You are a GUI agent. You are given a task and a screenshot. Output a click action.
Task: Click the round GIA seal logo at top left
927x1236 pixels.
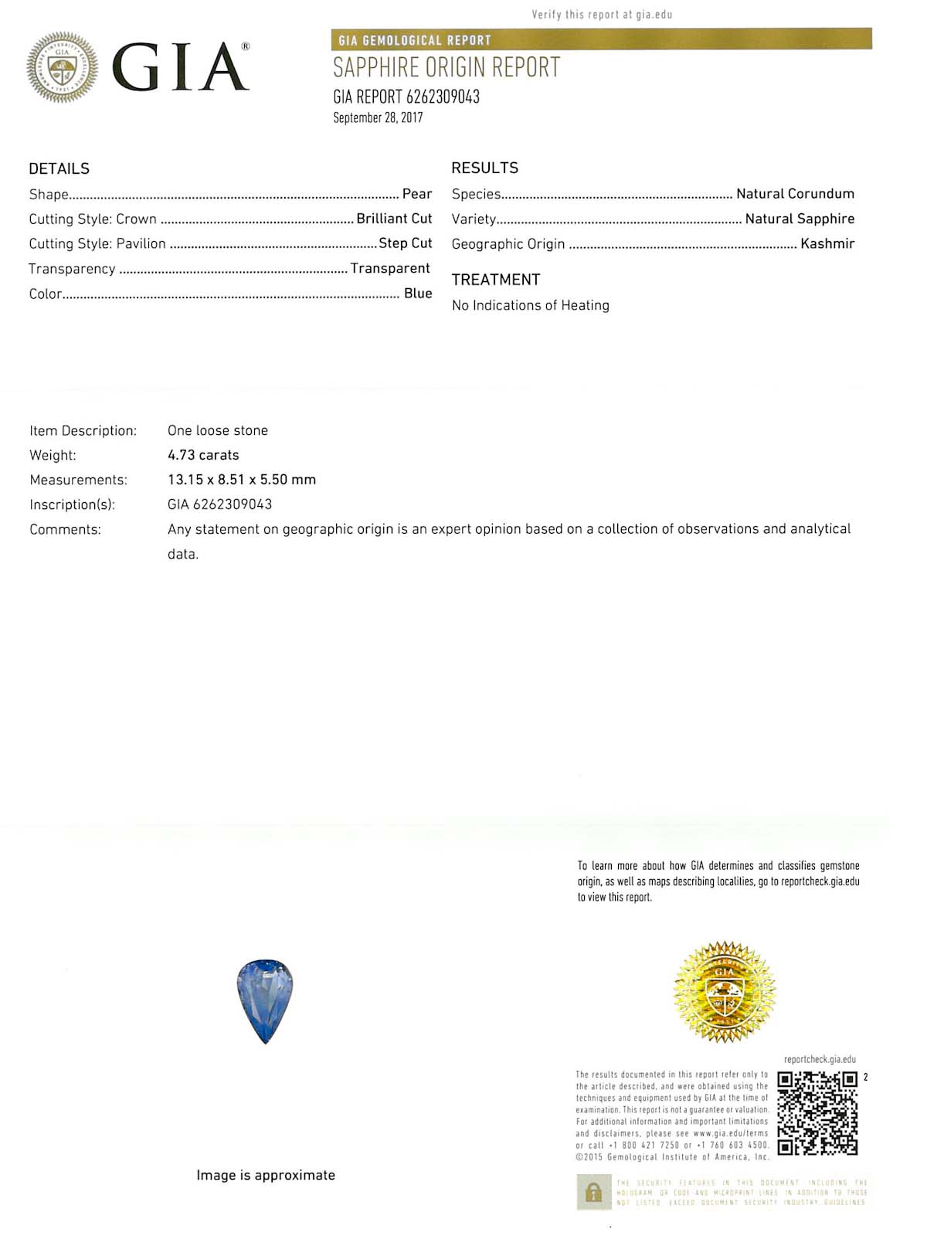tap(63, 67)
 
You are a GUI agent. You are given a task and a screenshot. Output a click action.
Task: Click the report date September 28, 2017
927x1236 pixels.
tap(378, 118)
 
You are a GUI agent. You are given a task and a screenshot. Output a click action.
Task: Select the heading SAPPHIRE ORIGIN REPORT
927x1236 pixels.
tap(446, 68)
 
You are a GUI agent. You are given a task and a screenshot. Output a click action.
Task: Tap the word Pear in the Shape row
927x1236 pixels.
tap(417, 194)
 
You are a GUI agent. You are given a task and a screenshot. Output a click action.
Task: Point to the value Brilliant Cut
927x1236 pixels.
tap(394, 219)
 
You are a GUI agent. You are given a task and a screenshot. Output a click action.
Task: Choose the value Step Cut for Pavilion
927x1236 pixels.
tap(405, 243)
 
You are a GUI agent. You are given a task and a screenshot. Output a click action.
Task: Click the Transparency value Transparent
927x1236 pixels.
tap(390, 268)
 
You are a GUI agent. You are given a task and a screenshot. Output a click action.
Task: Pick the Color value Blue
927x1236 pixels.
tap(418, 294)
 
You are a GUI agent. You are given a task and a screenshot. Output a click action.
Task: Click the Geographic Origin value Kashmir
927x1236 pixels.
tap(827, 243)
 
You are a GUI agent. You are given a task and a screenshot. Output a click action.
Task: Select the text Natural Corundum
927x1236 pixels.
tap(795, 194)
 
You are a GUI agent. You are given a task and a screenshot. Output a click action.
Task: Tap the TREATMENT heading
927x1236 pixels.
tap(496, 280)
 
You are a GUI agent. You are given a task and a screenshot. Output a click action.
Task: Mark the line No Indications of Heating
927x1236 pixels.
tap(531, 305)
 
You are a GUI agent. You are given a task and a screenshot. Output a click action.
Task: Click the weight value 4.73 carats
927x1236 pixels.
tap(203, 455)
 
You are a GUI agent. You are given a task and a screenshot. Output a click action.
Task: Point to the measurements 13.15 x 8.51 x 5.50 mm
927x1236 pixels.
tap(242, 480)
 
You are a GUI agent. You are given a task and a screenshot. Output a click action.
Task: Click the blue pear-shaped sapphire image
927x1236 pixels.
tap(265, 1000)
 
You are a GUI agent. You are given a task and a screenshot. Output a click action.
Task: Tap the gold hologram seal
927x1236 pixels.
tap(724, 991)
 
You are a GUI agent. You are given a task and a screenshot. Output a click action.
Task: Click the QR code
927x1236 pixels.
tap(817, 1113)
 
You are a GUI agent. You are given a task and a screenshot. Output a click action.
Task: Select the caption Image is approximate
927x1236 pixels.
tap(266, 1175)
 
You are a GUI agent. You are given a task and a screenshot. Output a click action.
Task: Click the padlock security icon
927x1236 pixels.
tap(593, 1193)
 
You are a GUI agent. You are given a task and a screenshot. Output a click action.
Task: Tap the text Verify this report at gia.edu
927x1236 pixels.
tap(602, 15)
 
